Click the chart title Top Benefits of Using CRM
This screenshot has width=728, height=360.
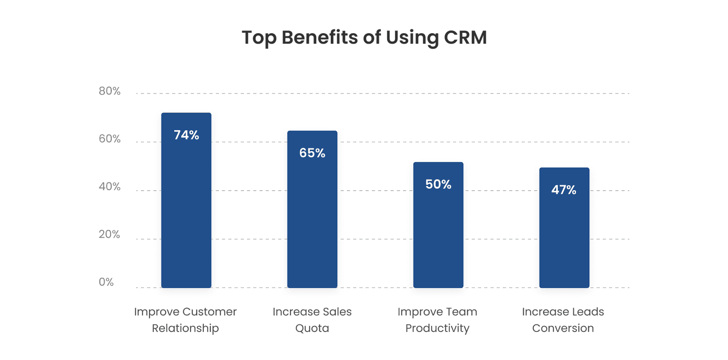pyautogui.click(x=364, y=37)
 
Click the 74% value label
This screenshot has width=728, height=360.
pyautogui.click(x=187, y=135)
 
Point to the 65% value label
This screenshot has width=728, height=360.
pyautogui.click(x=312, y=153)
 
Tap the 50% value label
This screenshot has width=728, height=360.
pyautogui.click(x=438, y=184)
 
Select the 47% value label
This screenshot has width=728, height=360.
pyautogui.click(x=564, y=190)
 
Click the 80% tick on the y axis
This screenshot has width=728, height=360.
pyautogui.click(x=110, y=91)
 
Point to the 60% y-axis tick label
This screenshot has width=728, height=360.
pyautogui.click(x=110, y=139)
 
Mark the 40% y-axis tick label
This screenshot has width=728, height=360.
pyautogui.click(x=110, y=187)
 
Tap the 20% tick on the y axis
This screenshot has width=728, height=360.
pyautogui.click(x=110, y=234)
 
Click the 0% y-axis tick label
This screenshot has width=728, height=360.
pyautogui.click(x=106, y=282)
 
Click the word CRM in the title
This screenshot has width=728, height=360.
pyautogui.click(x=465, y=37)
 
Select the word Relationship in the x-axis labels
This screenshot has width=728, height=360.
pyautogui.click(x=185, y=328)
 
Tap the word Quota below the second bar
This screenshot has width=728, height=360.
pyautogui.click(x=312, y=329)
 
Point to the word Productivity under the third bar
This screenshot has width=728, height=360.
pyautogui.click(x=437, y=329)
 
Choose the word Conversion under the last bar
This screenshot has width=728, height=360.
pyautogui.click(x=563, y=328)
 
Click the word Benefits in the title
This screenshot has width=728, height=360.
pyautogui.click(x=319, y=37)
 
